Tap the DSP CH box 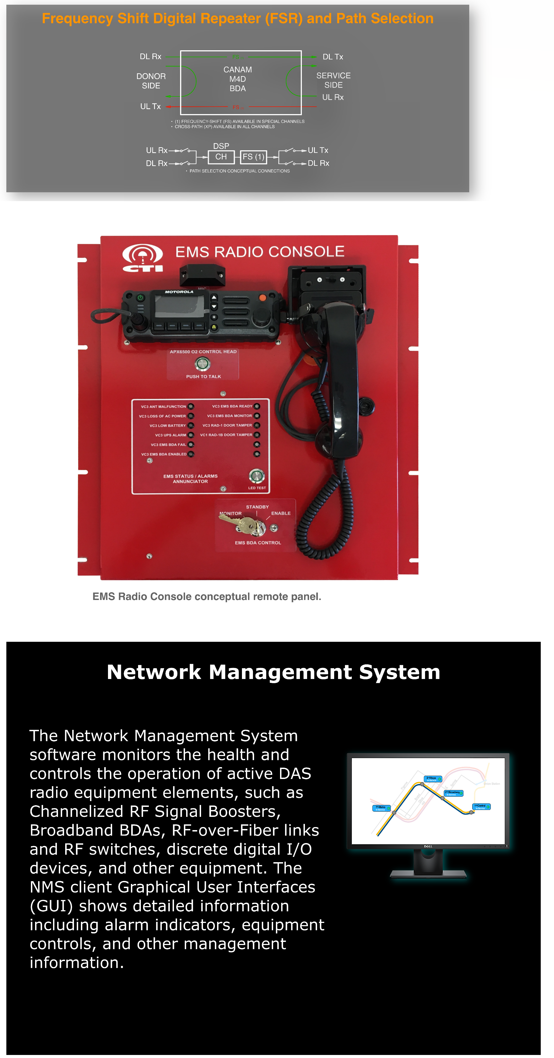point(221,156)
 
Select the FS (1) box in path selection point(253,156)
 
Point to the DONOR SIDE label point(151,81)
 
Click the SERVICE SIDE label point(333,80)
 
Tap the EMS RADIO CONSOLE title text point(260,251)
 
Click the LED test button point(257,476)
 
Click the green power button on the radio point(141,297)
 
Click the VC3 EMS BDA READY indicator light point(257,406)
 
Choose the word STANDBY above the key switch point(257,507)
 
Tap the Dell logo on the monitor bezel point(428,846)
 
